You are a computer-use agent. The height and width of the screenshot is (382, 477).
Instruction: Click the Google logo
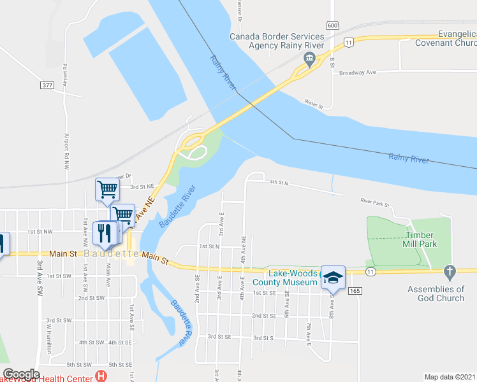point(21,374)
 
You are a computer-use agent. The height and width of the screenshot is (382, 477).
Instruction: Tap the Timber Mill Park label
point(420,239)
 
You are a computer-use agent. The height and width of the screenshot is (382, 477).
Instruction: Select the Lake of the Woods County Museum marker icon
point(332,277)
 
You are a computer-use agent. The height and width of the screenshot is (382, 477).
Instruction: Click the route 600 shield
point(332,25)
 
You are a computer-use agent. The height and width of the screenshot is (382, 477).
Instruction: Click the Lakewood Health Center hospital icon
point(100,376)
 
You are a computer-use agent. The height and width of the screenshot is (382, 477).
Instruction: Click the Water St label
point(314,103)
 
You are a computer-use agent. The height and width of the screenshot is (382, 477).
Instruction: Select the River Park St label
point(374,202)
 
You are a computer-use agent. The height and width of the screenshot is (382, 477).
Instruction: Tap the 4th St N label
point(279,183)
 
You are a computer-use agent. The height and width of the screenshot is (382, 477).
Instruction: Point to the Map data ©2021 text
point(450,377)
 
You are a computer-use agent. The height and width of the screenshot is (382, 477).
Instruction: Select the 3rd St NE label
point(143,187)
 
